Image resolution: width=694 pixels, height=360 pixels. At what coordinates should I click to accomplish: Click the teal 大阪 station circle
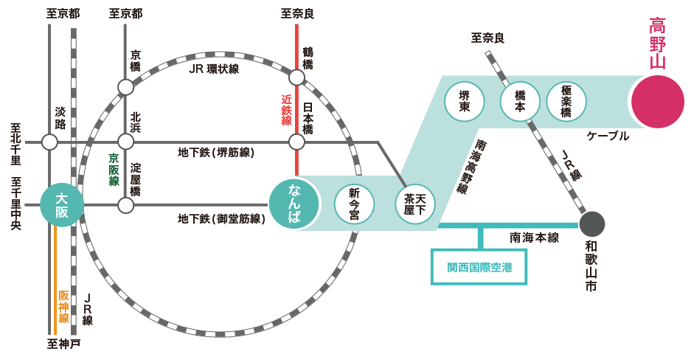click(62, 204)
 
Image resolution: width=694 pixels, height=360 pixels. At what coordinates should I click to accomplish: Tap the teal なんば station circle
click(294, 204)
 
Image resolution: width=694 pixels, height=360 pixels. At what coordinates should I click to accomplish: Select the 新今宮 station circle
click(354, 204)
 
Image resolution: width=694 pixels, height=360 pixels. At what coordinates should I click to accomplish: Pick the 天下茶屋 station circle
click(415, 204)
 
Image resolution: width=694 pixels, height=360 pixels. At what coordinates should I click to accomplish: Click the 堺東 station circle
click(465, 101)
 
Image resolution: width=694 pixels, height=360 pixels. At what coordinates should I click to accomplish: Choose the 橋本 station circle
click(520, 101)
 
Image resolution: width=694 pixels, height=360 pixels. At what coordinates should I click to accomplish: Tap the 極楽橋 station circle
click(566, 101)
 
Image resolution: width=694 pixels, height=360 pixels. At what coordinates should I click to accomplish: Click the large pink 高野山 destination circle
click(657, 101)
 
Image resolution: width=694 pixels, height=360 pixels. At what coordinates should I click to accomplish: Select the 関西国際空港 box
click(479, 267)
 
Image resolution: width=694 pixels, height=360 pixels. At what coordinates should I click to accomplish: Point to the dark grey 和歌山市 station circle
click(591, 224)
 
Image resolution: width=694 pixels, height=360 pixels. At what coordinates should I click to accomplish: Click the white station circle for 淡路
click(49, 142)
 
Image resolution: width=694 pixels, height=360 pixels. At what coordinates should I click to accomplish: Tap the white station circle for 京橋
click(126, 87)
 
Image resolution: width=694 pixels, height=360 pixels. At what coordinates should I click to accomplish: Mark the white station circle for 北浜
click(126, 142)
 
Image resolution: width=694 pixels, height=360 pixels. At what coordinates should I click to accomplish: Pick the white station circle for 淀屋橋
click(126, 204)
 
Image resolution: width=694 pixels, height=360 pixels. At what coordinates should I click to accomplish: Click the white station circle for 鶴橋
click(296, 77)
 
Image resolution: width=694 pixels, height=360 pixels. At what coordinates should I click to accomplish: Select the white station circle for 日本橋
click(296, 142)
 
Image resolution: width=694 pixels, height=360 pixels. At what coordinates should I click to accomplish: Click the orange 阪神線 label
click(63, 306)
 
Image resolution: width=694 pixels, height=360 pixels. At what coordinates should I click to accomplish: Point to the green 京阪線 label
click(114, 169)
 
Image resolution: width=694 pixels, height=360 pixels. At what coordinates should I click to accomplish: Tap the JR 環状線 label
click(214, 69)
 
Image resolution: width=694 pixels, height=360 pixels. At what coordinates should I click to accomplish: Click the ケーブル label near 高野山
click(608, 136)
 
